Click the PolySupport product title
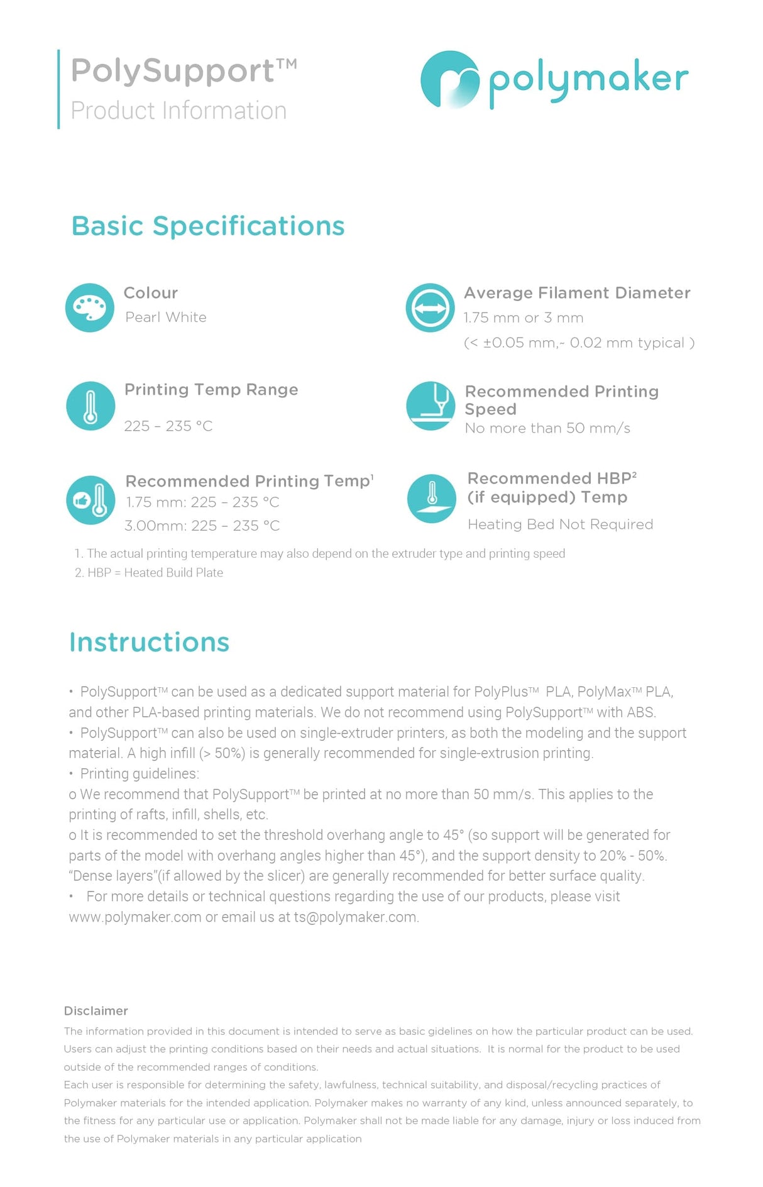pyautogui.click(x=182, y=70)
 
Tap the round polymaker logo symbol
pyautogui.click(x=449, y=79)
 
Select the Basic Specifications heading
pyautogui.click(x=208, y=226)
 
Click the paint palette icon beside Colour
pyautogui.click(x=90, y=307)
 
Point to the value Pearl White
pyautogui.click(x=166, y=317)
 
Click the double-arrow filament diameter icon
pyautogui.click(x=430, y=307)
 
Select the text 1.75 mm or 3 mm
pyautogui.click(x=524, y=318)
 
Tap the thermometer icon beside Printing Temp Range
pyautogui.click(x=91, y=406)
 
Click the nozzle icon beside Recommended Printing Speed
pyautogui.click(x=431, y=406)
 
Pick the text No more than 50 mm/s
pyautogui.click(x=547, y=428)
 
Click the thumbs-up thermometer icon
pyautogui.click(x=91, y=500)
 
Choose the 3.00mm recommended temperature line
pyautogui.click(x=202, y=526)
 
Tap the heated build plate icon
pyautogui.click(x=432, y=498)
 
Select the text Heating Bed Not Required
pyautogui.click(x=560, y=524)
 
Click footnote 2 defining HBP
pyautogui.click(x=149, y=573)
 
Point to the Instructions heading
pyautogui.click(x=150, y=643)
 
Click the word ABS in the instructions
pyautogui.click(x=640, y=712)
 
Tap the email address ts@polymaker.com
pyautogui.click(x=356, y=917)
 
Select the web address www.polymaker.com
pyautogui.click(x=135, y=917)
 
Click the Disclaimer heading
pyautogui.click(x=96, y=1011)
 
